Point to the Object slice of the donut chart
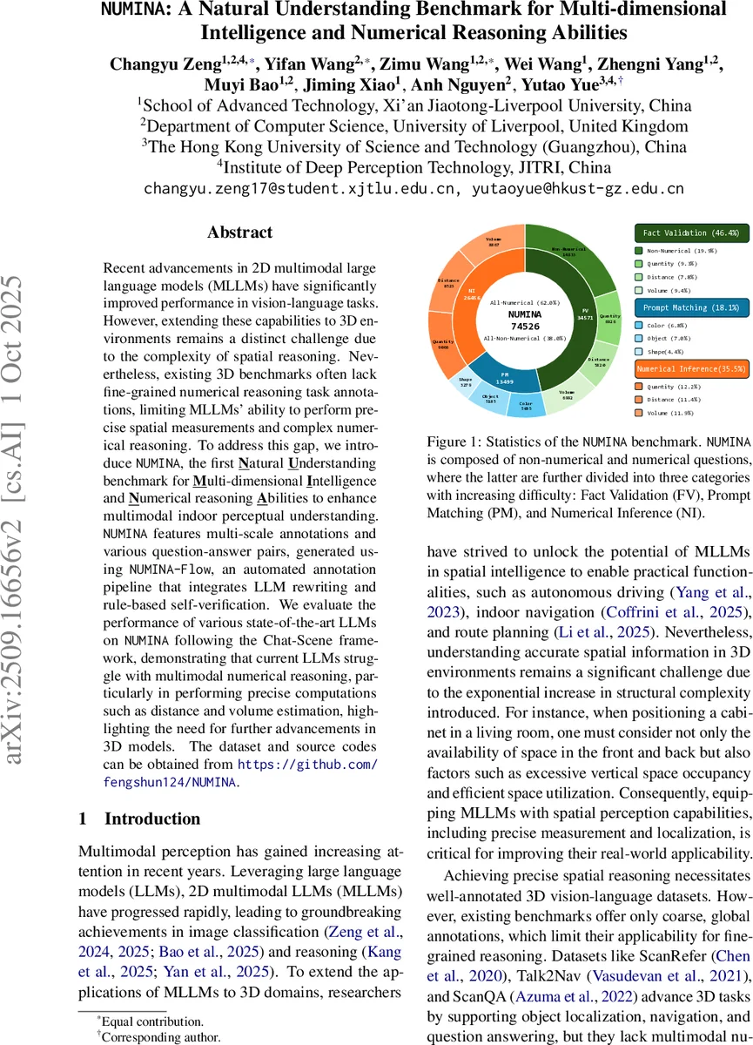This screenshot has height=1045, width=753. pos(489,398)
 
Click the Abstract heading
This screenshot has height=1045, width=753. pos(239,233)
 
